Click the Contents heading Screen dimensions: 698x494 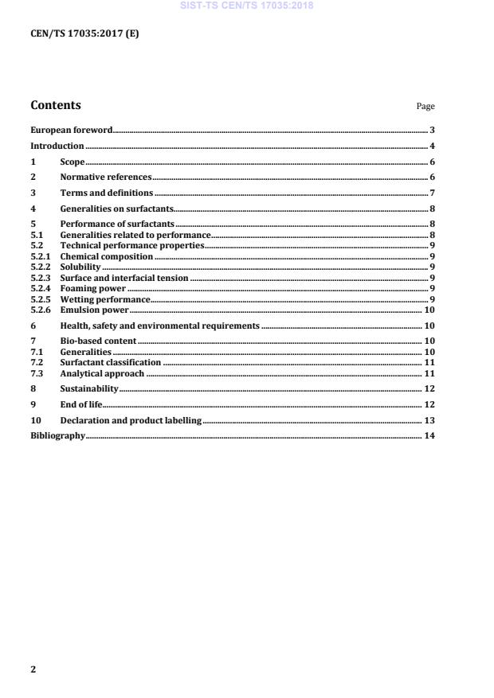[x=55, y=105]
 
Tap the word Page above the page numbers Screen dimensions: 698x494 [x=425, y=107]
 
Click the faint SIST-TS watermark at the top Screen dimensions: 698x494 [x=247, y=6]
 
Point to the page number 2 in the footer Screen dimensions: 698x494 [x=33, y=669]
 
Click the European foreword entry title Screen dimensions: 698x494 [x=71, y=129]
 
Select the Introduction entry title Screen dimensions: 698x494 [x=57, y=146]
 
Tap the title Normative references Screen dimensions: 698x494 [x=106, y=177]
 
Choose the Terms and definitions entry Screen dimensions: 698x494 [x=107, y=193]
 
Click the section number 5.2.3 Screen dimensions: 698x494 [x=40, y=278]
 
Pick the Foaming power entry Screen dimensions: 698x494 [x=93, y=288]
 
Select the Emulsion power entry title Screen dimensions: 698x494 [x=95, y=310]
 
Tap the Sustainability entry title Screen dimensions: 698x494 [x=89, y=388]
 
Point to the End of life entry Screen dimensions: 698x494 [x=81, y=404]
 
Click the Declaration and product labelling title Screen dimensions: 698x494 [x=131, y=420]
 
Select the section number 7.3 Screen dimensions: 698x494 [x=36, y=372]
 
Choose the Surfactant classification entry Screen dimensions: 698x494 [x=111, y=362]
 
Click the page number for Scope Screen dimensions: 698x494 [x=431, y=162]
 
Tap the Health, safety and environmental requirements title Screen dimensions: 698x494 [x=160, y=326]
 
